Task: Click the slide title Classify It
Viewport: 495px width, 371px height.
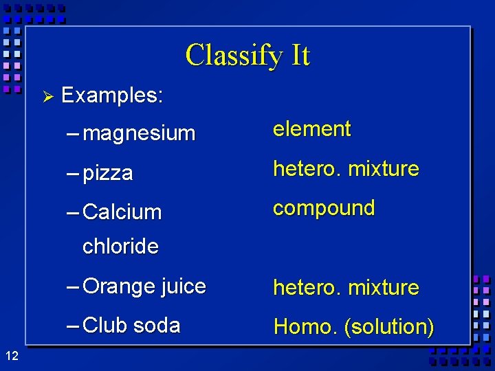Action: pyautogui.click(x=247, y=55)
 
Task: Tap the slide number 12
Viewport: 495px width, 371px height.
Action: pyautogui.click(x=11, y=355)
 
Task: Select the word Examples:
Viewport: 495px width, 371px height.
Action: pyautogui.click(x=112, y=95)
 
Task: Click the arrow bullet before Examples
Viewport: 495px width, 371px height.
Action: pyautogui.click(x=47, y=96)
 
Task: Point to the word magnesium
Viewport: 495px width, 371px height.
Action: pyautogui.click(x=139, y=133)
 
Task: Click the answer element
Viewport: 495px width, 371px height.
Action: pyautogui.click(x=312, y=129)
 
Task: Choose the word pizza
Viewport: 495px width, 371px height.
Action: pyautogui.click(x=107, y=173)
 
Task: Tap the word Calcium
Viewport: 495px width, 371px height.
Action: pyautogui.click(x=122, y=212)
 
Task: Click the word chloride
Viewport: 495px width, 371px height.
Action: pyautogui.click(x=120, y=246)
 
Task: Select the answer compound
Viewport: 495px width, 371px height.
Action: pyautogui.click(x=324, y=208)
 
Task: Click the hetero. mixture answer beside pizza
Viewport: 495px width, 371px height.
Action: pyautogui.click(x=346, y=169)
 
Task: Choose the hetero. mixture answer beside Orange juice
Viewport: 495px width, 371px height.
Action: pyautogui.click(x=346, y=287)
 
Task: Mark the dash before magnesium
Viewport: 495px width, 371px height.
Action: pyautogui.click(x=73, y=133)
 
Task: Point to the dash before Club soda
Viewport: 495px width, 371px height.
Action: pyautogui.click(x=73, y=326)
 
